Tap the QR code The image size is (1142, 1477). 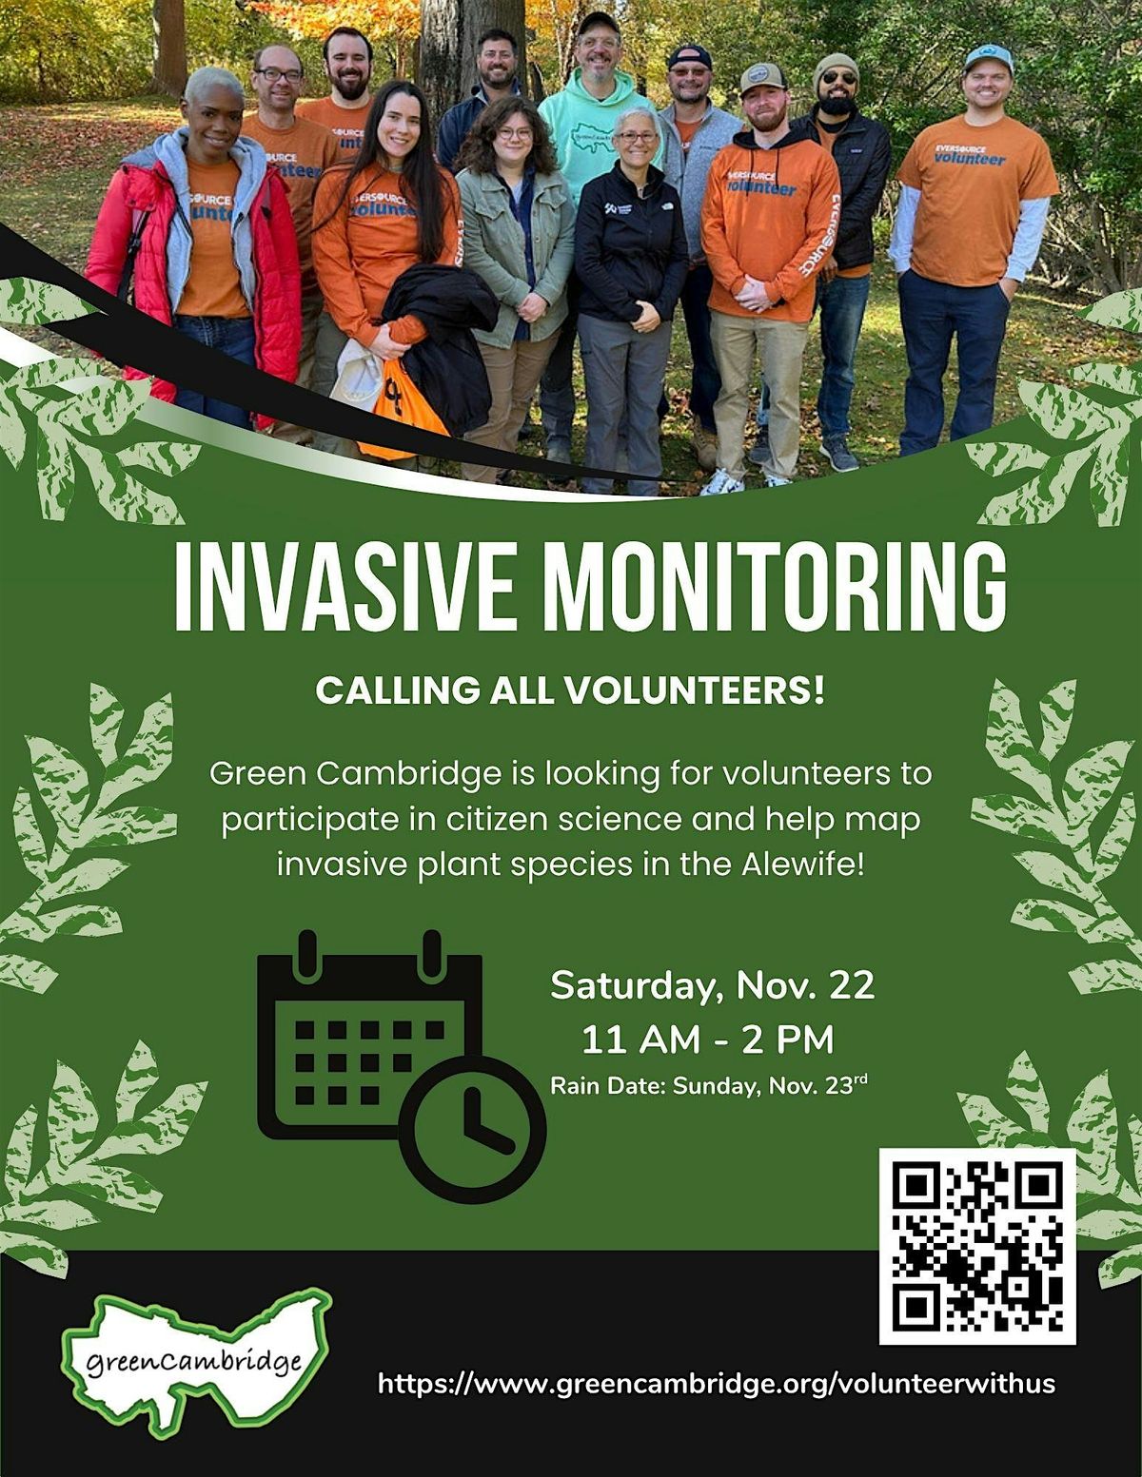[976, 1246]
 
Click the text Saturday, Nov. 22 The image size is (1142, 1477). [712, 985]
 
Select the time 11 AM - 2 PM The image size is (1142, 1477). [708, 1040]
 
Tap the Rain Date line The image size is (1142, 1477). [709, 1085]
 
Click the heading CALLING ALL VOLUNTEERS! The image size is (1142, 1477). [570, 690]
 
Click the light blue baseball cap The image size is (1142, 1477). [988, 59]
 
